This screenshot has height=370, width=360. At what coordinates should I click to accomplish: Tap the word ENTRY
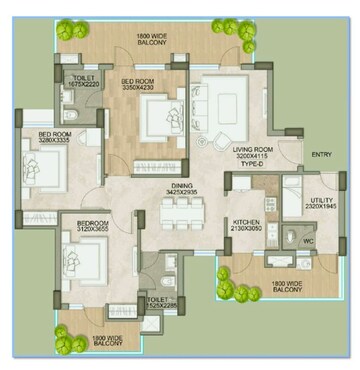322,154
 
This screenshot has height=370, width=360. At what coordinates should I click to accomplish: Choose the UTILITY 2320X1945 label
325,203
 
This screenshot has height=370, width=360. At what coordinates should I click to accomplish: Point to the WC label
308,240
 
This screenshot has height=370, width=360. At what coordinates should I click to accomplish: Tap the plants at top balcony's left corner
69,30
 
